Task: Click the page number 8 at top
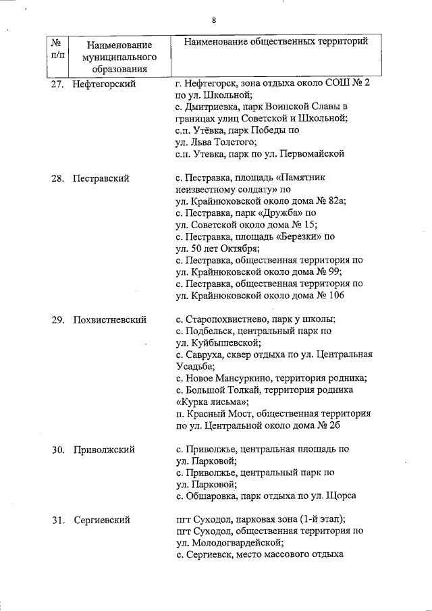(x=213, y=20)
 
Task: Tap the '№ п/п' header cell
(x=57, y=48)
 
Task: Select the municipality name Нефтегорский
(x=105, y=84)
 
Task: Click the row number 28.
(x=57, y=179)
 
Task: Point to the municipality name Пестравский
(x=102, y=179)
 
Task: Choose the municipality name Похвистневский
(x=110, y=319)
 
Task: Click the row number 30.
(x=57, y=449)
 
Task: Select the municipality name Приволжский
(x=104, y=449)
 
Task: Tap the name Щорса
(x=343, y=495)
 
